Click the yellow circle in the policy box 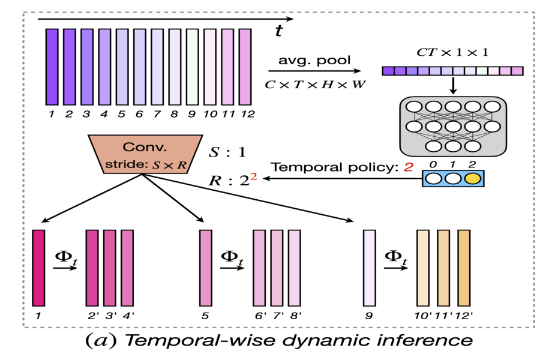(472, 178)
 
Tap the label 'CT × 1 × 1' (452, 52)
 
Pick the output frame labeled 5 (206, 267)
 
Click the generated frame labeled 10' (424, 267)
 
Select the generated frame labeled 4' (127, 267)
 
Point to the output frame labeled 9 (370, 267)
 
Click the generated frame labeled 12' (464, 267)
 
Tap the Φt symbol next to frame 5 (233, 258)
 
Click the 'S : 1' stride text (226, 152)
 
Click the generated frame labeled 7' (277, 267)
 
